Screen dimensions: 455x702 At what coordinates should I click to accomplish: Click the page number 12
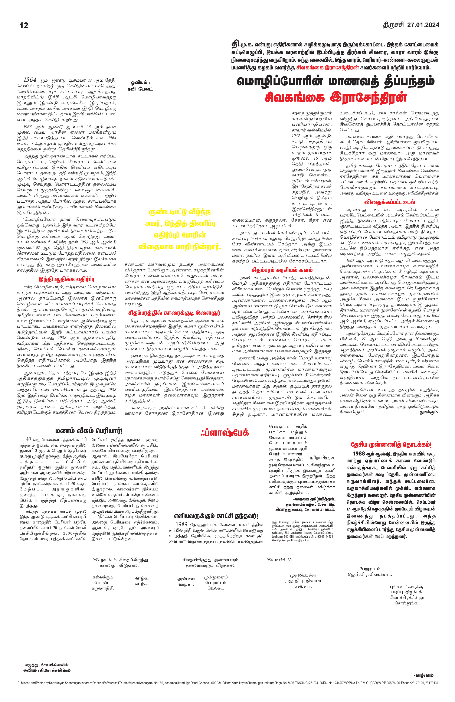pyautogui.click(x=24, y=25)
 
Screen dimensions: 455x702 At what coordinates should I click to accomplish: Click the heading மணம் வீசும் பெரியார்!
pyautogui.click(x=89, y=431)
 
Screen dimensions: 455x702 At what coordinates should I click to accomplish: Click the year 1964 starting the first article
pyautogui.click(x=30, y=80)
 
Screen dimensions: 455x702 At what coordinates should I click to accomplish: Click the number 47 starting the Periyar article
pyautogui.click(x=29, y=439)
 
